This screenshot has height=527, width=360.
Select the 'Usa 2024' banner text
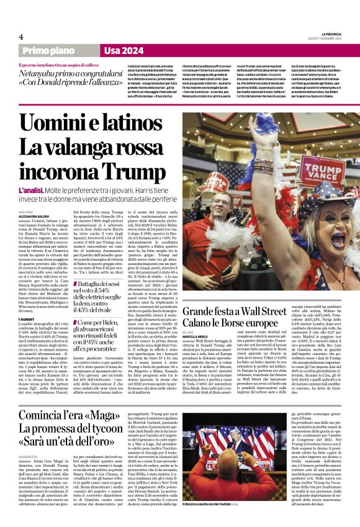tap(124, 50)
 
